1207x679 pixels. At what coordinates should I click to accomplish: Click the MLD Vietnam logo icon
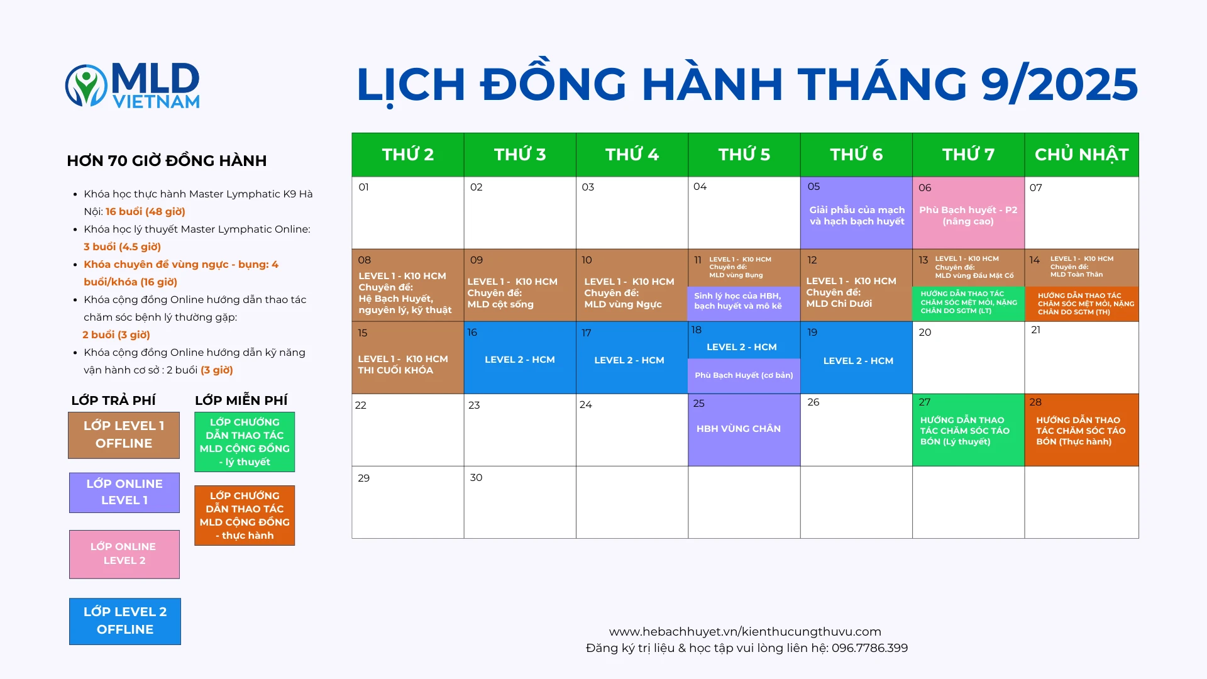[86, 85]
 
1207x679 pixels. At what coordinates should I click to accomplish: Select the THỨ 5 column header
[744, 155]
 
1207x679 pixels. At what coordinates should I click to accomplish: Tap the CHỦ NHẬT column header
[1081, 155]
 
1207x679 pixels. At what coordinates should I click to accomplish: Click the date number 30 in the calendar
[476, 478]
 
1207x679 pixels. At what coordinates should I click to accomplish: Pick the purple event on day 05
[856, 213]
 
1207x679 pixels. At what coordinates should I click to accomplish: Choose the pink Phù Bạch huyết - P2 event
[968, 213]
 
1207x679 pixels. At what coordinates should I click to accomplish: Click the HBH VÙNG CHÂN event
[744, 430]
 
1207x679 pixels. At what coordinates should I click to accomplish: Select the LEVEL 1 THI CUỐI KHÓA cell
[407, 358]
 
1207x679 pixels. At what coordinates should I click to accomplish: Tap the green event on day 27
[968, 430]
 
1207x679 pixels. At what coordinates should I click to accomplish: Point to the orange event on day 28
[1081, 430]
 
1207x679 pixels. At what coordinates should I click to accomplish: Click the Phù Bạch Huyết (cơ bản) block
[744, 376]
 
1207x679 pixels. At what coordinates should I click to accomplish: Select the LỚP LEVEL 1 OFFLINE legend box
[124, 435]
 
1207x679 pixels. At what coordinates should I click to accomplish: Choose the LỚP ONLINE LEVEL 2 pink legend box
[124, 554]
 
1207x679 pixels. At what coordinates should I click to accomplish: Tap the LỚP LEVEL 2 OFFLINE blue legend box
[125, 621]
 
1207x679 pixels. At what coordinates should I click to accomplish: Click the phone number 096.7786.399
[869, 648]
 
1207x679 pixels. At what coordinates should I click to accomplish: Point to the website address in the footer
[745, 632]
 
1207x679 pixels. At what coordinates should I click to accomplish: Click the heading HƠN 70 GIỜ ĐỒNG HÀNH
[167, 161]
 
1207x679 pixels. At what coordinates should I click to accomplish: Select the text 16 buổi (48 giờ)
[145, 212]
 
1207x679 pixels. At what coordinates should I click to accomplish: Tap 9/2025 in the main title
[1059, 84]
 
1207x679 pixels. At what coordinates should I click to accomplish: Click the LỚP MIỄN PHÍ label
[241, 400]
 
